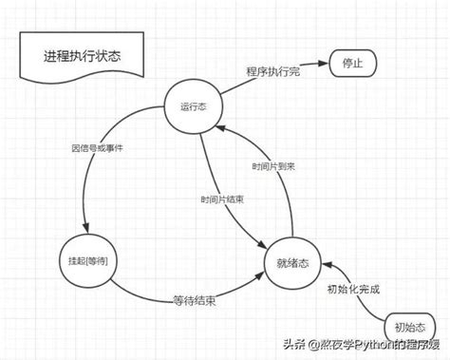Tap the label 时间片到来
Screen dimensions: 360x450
point(274,165)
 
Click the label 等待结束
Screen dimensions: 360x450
point(192,301)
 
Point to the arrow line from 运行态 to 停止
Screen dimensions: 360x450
point(275,84)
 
